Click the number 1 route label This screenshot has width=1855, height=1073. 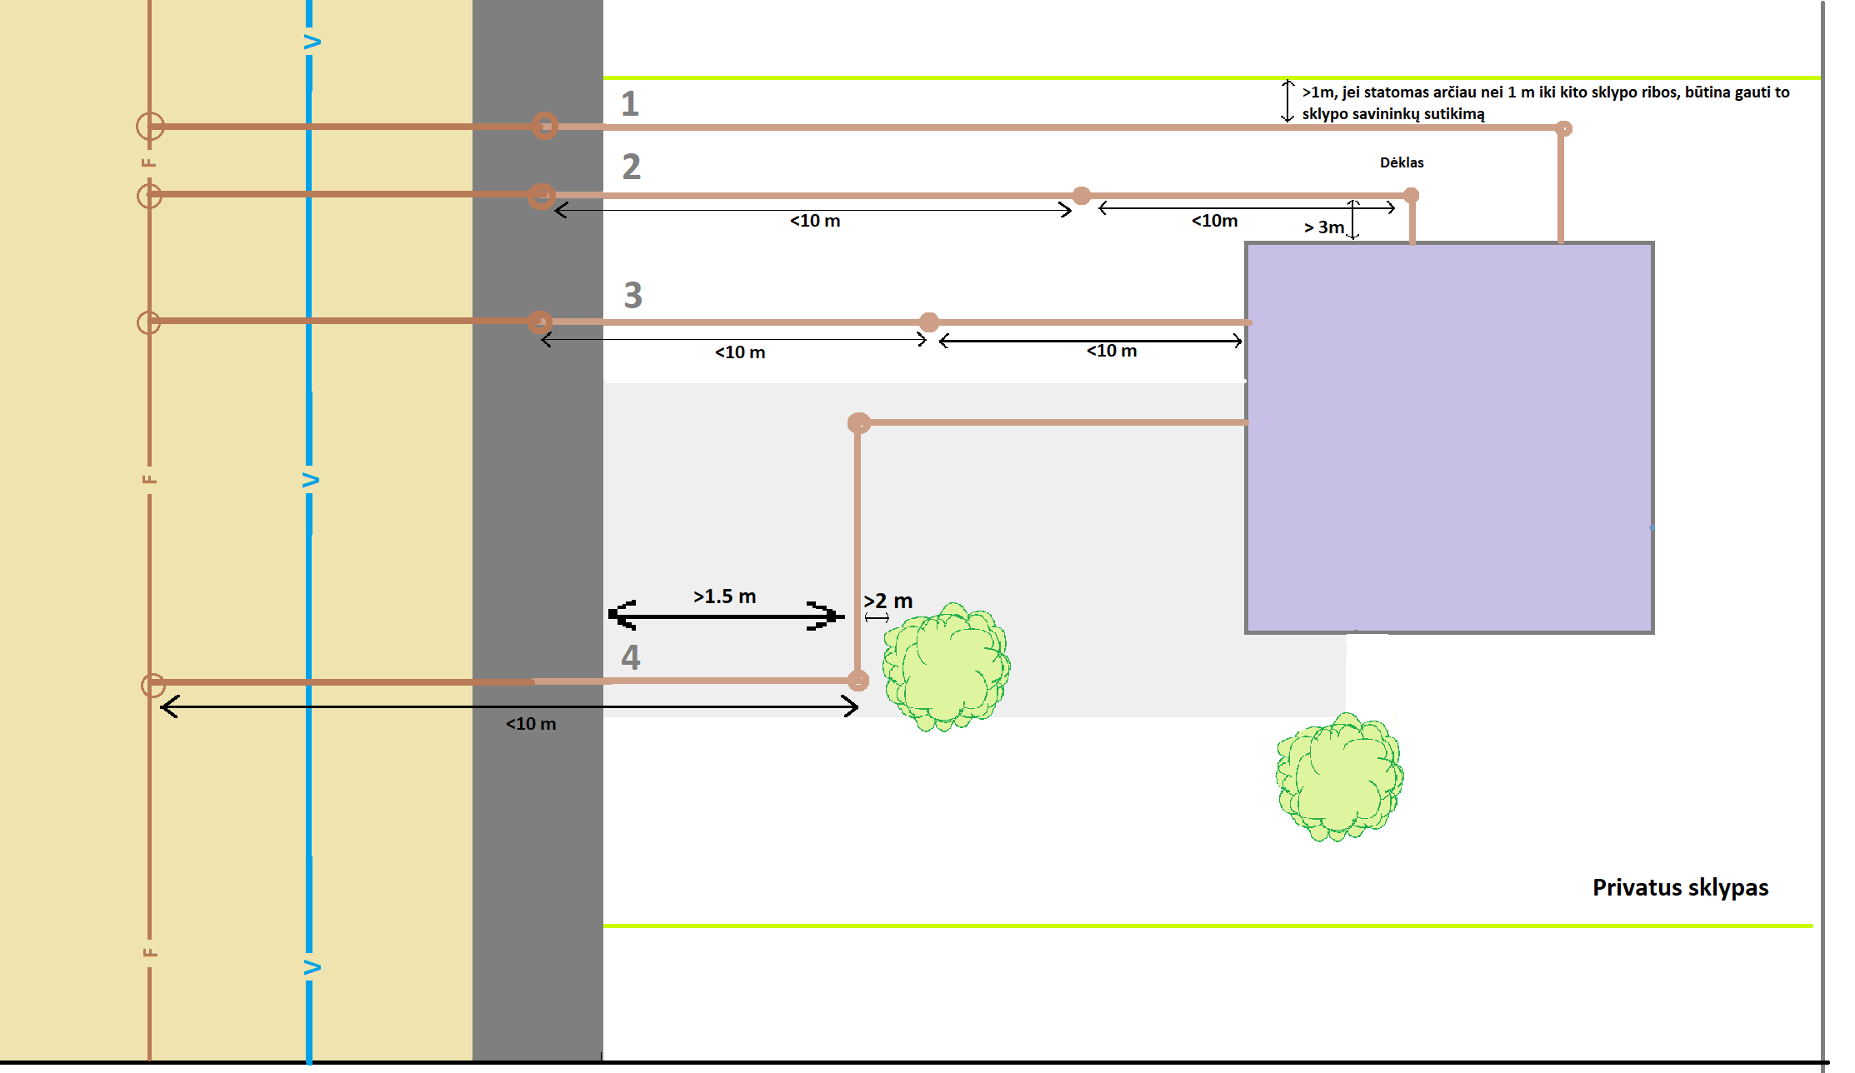click(630, 104)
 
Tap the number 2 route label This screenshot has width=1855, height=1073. click(632, 167)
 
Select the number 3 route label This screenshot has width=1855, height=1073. click(633, 295)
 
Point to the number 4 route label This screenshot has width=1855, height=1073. click(631, 657)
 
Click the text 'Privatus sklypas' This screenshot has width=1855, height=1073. click(1680, 888)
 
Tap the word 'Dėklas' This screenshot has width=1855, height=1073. click(1402, 162)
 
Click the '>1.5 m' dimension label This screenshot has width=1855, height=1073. click(724, 596)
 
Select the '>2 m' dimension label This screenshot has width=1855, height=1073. click(887, 601)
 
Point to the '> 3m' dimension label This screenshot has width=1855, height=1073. click(1324, 227)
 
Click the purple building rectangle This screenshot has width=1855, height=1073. click(1449, 438)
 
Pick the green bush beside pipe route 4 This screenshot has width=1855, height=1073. click(947, 666)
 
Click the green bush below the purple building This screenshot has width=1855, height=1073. click(1340, 776)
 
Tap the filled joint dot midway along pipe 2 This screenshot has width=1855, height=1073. click(1082, 196)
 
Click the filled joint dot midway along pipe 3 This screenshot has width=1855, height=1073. click(929, 322)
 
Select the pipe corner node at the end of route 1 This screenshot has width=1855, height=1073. click(1564, 129)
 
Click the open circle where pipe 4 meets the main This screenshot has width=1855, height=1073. click(153, 686)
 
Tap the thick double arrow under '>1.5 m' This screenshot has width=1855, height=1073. click(726, 616)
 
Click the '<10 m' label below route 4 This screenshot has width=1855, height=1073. click(531, 724)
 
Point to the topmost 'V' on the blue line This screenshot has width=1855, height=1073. click(312, 42)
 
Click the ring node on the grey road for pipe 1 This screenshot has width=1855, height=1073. click(545, 126)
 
